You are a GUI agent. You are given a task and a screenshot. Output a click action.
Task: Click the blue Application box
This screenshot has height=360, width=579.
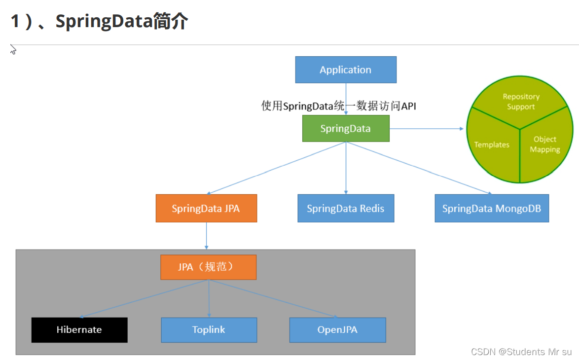pos(345,70)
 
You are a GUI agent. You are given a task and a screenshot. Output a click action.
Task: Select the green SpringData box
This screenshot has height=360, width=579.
pos(345,129)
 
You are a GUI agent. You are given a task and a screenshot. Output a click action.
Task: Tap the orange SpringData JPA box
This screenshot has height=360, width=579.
pos(206,208)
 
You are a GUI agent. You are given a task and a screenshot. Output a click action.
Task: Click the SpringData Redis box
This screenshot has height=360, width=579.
pos(345,208)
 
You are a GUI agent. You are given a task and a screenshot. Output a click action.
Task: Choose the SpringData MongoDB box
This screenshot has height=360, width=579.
pos(491,208)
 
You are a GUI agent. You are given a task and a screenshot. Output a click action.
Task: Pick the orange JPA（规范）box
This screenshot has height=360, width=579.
pos(208,267)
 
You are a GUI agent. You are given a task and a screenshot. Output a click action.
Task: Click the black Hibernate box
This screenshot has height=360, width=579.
pos(79,330)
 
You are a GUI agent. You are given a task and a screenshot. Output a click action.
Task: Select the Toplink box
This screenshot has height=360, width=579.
pos(209,330)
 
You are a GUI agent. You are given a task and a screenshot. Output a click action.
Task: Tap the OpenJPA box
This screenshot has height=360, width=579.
pos(337,330)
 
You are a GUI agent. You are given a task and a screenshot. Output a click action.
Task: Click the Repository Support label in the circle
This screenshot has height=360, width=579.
pos(521,102)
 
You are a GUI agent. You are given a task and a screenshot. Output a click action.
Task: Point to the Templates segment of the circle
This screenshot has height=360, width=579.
pos(492,144)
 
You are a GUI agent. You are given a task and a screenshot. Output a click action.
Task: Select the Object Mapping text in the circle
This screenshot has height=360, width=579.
pos(544,144)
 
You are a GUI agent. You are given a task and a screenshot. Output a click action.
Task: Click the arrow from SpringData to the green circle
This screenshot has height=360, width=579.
pos(427,129)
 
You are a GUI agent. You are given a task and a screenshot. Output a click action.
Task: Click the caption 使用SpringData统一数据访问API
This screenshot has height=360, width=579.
pos(338,106)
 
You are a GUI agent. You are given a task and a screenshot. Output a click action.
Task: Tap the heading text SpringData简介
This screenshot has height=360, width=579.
pos(121,22)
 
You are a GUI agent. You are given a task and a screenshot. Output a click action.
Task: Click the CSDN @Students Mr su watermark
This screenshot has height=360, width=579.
pos(521,352)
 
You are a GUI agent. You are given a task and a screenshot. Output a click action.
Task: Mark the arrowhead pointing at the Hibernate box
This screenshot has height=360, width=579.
pos(82,317)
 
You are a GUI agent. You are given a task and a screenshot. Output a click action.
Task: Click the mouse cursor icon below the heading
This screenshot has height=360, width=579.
pos(13,49)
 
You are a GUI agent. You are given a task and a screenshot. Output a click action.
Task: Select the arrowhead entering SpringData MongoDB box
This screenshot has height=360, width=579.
pos(489,193)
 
